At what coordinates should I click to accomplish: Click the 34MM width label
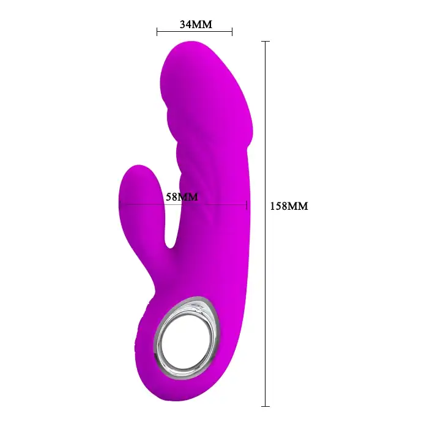(x=196, y=24)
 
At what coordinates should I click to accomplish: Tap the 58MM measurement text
(x=182, y=196)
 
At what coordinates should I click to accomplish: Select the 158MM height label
(x=289, y=206)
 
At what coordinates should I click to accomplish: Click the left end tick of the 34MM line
(x=157, y=32)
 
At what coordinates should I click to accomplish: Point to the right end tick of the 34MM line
(x=232, y=32)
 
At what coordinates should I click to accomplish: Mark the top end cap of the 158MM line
(x=265, y=42)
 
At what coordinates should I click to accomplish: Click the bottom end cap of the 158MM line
(x=265, y=407)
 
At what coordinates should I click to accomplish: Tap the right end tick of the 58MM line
(x=247, y=204)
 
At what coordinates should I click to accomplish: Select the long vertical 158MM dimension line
(x=265, y=224)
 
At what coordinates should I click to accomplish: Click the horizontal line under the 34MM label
(x=195, y=32)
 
